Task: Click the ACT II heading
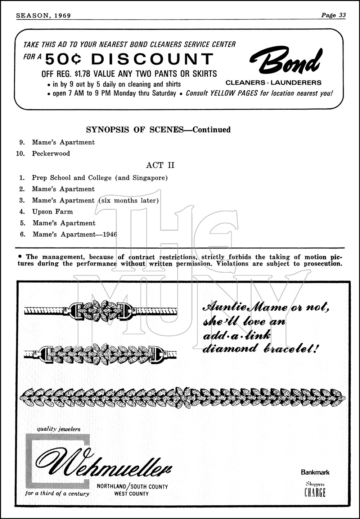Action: click(x=160, y=165)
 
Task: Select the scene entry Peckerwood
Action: click(x=51, y=154)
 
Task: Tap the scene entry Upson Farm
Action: click(x=53, y=212)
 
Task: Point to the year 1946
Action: click(x=110, y=235)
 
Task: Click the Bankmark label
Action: click(x=315, y=472)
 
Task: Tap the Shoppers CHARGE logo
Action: click(x=315, y=490)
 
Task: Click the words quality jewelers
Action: click(x=59, y=429)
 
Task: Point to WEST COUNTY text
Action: click(x=131, y=494)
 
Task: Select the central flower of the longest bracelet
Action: click(x=184, y=397)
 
